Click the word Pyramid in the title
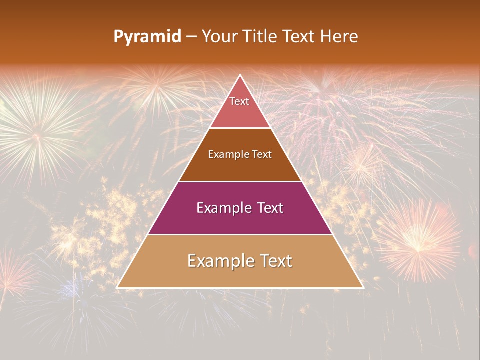147,37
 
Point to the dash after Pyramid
191,37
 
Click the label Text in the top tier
239,101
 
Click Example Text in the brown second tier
240,154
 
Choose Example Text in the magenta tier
240,208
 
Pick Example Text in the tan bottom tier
240,261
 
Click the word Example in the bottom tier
216,261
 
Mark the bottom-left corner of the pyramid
117,287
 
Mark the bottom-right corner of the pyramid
363,287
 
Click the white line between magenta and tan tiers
240,234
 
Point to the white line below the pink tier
240,128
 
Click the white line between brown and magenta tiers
240,181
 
